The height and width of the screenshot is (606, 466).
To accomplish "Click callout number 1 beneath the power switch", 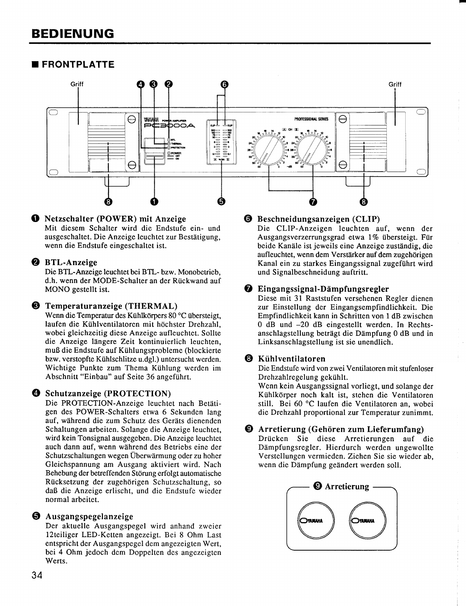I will click(x=154, y=201).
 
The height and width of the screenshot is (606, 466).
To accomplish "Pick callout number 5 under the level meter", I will click(x=222, y=201).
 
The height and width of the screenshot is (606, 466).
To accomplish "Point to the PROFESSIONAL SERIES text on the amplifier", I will click(x=311, y=119).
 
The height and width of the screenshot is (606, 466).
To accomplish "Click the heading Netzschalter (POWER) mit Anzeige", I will click(x=115, y=219).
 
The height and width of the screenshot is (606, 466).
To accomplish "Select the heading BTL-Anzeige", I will click(x=71, y=262).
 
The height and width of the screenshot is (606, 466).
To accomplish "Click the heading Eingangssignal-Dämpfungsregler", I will click(x=323, y=289).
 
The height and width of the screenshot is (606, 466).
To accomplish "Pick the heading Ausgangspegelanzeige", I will click(x=89, y=516).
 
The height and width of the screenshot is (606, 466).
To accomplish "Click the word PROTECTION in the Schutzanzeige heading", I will click(x=138, y=394).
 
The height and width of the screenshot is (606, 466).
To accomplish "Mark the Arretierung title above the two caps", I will click(x=346, y=487).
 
